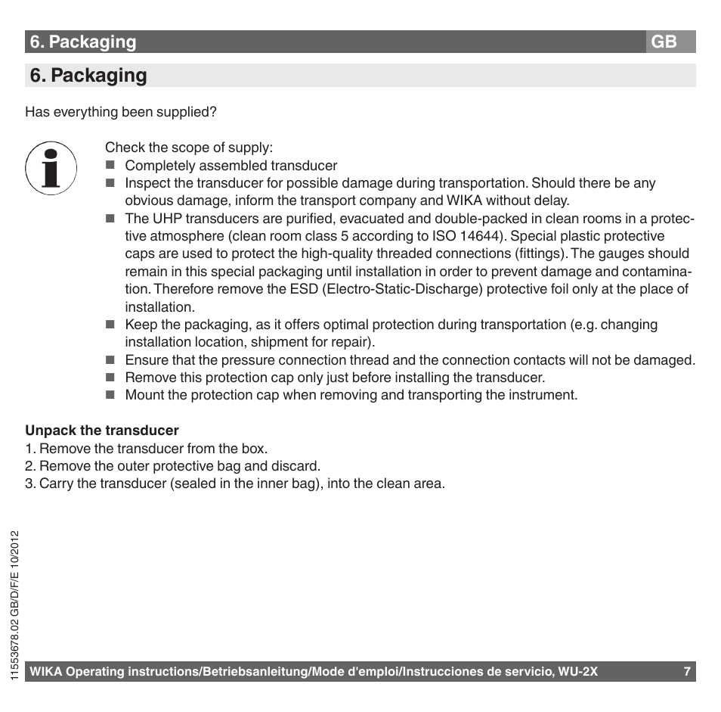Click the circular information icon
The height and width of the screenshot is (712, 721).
pyautogui.click(x=51, y=166)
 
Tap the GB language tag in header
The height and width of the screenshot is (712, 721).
pyautogui.click(x=664, y=42)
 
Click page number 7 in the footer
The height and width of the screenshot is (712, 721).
pyautogui.click(x=687, y=672)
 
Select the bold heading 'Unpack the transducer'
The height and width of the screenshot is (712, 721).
pyautogui.click(x=102, y=431)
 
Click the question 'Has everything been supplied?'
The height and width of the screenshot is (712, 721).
pyautogui.click(x=121, y=112)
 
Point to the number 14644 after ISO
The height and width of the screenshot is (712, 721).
pyautogui.click(x=479, y=236)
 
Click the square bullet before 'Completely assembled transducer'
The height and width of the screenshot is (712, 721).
pyautogui.click(x=110, y=166)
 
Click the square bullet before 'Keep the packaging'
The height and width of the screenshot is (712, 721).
pyautogui.click(x=110, y=325)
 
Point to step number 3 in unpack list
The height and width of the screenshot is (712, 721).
pyautogui.click(x=29, y=483)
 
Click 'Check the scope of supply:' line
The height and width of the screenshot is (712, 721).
pyautogui.click(x=189, y=148)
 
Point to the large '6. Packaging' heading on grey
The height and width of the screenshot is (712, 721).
pyautogui.click(x=88, y=76)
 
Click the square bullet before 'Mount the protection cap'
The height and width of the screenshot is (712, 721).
pyautogui.click(x=110, y=395)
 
